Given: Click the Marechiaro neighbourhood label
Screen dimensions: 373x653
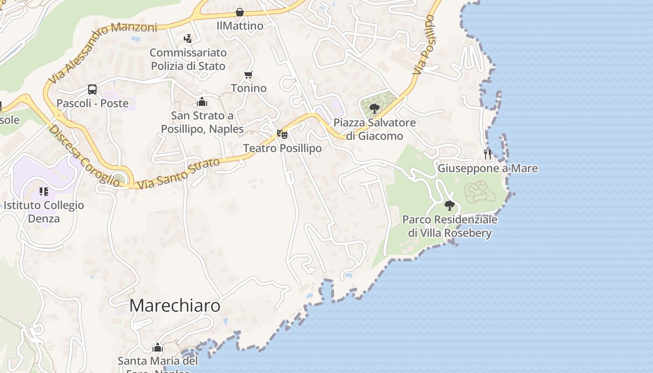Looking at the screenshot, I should click(x=174, y=306).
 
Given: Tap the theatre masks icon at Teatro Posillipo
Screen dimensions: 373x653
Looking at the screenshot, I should click(x=282, y=134).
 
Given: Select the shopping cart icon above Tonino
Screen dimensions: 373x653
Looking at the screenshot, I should click(x=249, y=75).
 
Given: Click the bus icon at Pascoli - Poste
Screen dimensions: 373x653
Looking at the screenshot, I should click(x=92, y=90).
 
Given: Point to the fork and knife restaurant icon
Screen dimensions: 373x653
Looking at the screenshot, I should click(x=487, y=154).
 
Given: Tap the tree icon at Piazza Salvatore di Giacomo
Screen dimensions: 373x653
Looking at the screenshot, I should click(x=374, y=109).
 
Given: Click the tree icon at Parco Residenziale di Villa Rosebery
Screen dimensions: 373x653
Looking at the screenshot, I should click(x=449, y=205).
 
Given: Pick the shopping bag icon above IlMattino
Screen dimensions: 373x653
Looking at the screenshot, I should click(x=240, y=12).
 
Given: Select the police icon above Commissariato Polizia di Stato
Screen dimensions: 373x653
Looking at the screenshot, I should click(x=188, y=39).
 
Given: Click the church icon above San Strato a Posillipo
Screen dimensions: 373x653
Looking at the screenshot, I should click(x=202, y=101).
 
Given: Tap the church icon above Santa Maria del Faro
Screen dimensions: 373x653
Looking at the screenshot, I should click(x=158, y=347).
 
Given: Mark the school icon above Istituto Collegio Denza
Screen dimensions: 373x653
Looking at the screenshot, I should click(x=44, y=191).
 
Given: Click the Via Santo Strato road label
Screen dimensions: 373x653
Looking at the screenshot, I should click(x=179, y=173).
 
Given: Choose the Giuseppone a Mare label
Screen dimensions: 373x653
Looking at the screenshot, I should click(x=487, y=168).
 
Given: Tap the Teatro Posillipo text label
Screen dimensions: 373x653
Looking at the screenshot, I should click(x=282, y=148).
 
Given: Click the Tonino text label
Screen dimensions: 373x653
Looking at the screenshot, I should click(x=249, y=88).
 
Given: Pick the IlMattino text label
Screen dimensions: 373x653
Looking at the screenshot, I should click(x=240, y=26).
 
